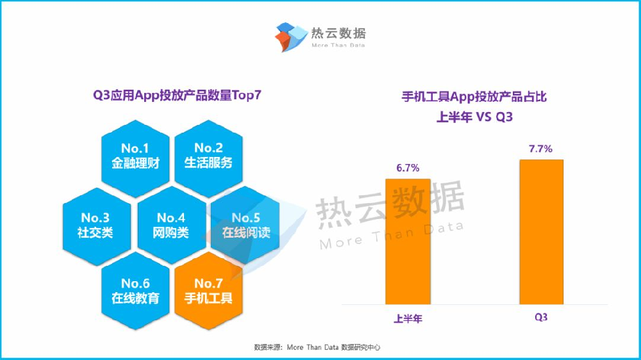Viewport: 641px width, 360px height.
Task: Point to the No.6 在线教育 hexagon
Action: click(x=135, y=291)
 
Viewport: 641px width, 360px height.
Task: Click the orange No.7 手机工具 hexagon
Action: click(x=208, y=291)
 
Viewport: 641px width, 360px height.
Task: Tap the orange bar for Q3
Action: click(x=542, y=231)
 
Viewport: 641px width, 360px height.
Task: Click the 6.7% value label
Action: click(x=408, y=168)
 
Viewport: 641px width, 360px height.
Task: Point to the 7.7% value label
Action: click(x=542, y=149)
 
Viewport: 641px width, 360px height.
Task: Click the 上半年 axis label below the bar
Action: click(x=408, y=318)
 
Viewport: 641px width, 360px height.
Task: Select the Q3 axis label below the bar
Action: click(x=542, y=318)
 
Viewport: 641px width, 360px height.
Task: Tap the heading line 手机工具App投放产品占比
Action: click(x=474, y=97)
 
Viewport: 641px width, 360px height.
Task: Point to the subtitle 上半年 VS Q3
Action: click(x=474, y=117)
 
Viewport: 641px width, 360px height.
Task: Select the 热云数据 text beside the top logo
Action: click(x=338, y=33)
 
